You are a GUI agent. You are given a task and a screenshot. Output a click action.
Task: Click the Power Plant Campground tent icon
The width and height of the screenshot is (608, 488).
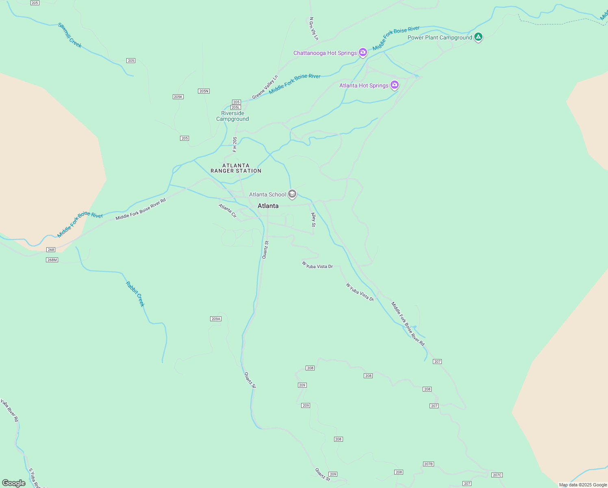(x=478, y=37)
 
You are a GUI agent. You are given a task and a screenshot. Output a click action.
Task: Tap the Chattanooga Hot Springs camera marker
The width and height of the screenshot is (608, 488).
(x=363, y=52)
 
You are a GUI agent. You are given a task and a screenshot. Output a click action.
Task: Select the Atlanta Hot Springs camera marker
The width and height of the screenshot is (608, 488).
(x=394, y=85)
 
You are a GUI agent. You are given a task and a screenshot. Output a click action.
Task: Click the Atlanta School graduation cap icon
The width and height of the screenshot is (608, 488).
(x=292, y=194)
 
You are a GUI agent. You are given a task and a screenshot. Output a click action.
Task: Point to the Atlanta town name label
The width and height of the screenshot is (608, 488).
(x=268, y=206)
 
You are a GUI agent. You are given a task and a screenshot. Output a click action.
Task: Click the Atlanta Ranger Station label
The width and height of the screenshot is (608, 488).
(x=236, y=168)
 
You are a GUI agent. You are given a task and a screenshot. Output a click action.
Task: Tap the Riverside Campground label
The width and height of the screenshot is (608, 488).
(x=232, y=116)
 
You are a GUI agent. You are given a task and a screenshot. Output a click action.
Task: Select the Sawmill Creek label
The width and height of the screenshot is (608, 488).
(x=70, y=35)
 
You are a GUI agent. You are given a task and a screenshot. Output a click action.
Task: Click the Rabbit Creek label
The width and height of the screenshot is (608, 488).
(x=135, y=294)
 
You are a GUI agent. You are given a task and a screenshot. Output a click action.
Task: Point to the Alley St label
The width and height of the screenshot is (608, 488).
(x=313, y=220)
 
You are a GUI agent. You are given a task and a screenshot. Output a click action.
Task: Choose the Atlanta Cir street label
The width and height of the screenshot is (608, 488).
(x=228, y=211)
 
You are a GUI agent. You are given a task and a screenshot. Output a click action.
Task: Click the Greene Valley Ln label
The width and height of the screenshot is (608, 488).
(x=265, y=87)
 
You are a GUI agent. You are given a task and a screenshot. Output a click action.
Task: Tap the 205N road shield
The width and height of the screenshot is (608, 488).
(x=204, y=91)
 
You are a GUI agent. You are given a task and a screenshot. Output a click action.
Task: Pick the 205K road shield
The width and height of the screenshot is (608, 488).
(x=178, y=97)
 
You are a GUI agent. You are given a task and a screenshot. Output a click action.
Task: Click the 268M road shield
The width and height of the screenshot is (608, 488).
(x=52, y=260)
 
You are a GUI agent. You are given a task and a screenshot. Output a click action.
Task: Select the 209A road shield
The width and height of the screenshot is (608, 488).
(x=216, y=319)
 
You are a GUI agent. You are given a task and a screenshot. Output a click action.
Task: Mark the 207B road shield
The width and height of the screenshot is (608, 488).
(x=428, y=464)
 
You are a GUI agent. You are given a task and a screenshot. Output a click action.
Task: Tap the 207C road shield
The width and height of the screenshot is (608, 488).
(x=497, y=475)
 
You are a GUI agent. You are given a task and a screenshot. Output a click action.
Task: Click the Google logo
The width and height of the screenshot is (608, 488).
(x=14, y=483)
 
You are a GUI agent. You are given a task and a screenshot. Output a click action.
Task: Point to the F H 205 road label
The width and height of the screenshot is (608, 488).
(x=235, y=144)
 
